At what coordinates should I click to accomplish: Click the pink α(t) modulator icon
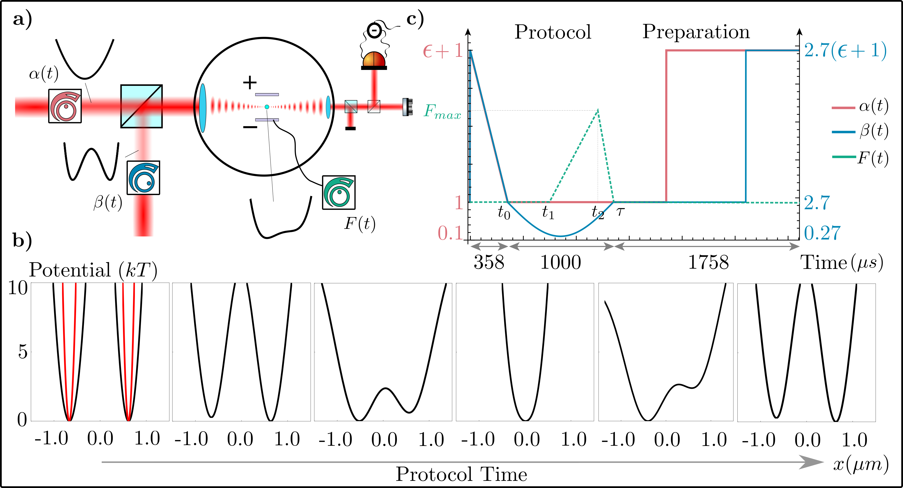65,106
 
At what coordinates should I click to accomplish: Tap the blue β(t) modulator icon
143,178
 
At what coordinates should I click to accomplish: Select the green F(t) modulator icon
339,193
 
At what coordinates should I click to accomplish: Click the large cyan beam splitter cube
141,106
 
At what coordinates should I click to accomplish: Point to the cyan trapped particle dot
267,106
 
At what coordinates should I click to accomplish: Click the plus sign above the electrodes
249,83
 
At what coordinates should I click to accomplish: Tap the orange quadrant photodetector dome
374,59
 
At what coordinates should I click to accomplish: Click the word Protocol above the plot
553,32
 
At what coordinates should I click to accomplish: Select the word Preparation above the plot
696,32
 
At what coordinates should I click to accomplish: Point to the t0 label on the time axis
504,212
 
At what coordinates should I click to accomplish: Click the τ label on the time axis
621,211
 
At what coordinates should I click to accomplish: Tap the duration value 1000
561,262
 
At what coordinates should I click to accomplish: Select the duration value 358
489,262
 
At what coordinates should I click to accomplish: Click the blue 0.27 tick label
822,233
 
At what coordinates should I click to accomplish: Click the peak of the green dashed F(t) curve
598,110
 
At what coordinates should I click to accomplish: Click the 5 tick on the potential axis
22,352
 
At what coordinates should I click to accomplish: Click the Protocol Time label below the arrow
461,475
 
